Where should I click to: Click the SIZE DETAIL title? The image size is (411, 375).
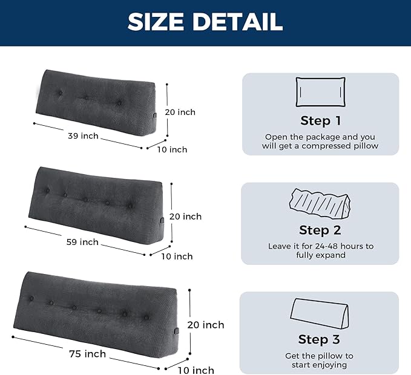point(205,22)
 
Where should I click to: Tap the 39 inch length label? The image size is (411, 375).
point(83,136)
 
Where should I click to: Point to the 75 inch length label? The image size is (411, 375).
point(87,354)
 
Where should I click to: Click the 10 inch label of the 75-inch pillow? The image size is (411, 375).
point(196,370)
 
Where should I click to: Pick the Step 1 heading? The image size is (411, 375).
point(320,120)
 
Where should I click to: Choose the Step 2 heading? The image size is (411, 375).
point(320,230)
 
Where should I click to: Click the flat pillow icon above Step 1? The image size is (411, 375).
point(320,92)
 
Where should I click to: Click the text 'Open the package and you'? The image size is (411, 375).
point(320,137)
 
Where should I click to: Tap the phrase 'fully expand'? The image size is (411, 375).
point(320,255)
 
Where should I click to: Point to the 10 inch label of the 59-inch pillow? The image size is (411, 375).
point(177,256)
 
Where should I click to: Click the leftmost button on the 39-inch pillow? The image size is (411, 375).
point(60,93)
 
